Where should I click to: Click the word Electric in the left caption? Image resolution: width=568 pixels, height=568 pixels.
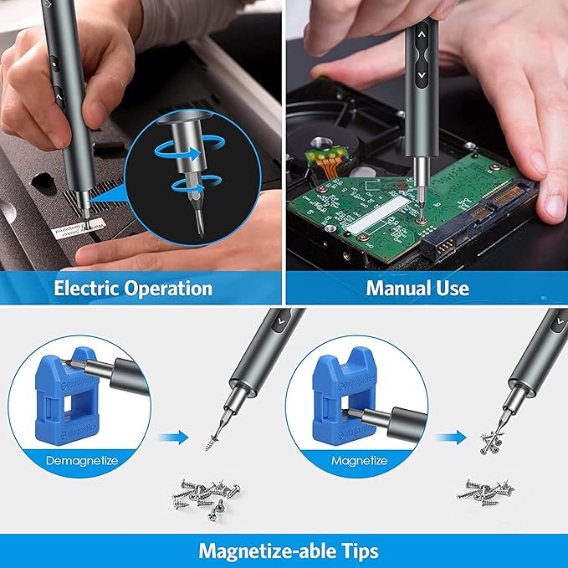[85, 289]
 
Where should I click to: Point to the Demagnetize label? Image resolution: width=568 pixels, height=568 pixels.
[81, 460]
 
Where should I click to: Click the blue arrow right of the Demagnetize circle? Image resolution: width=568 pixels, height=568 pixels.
[172, 436]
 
